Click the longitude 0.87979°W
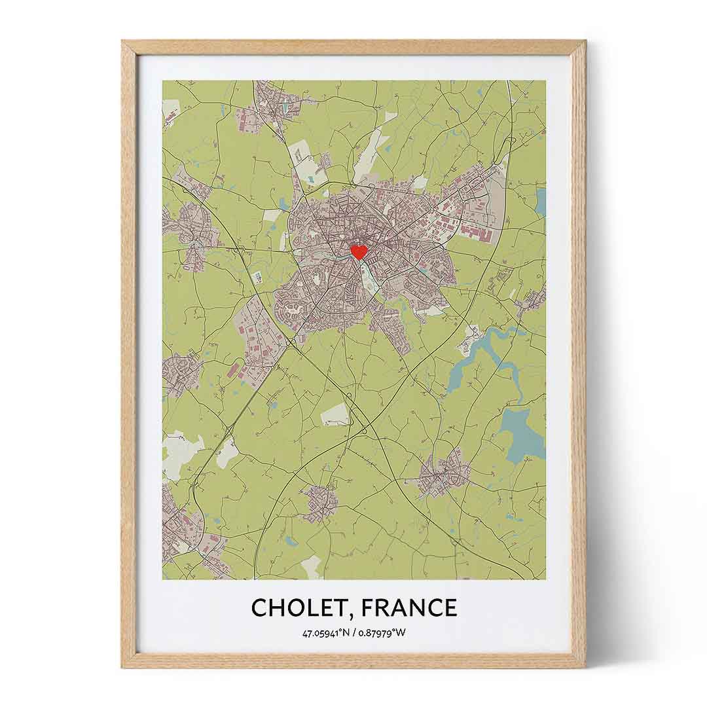382,633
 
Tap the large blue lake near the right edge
520,432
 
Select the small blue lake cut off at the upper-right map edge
541,201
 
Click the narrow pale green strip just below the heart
367,278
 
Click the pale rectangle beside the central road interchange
335,414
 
